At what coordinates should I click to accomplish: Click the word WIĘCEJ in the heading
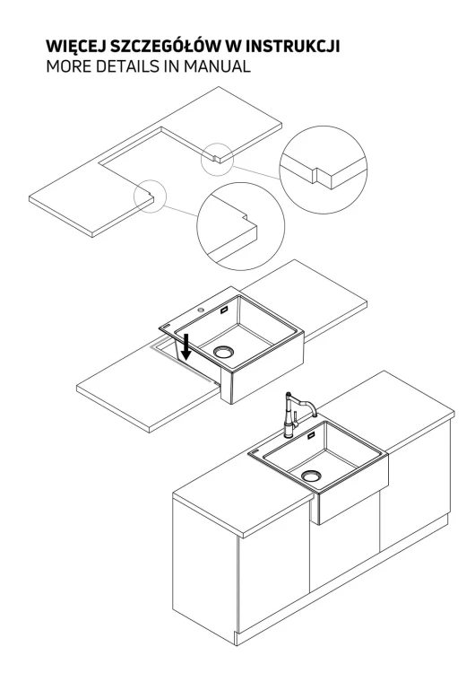point(73,47)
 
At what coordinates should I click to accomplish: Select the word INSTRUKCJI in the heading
point(293,47)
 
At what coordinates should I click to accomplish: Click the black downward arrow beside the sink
point(186,346)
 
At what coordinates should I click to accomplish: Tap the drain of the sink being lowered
point(224,352)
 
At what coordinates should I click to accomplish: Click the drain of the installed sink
point(311,475)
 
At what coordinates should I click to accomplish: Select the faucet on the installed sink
point(296,415)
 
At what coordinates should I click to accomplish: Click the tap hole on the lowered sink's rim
point(200,309)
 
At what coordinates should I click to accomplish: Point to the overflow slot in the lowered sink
point(225,310)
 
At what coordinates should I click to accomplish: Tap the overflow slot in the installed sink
point(311,436)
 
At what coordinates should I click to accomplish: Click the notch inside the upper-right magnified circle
point(316,174)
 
